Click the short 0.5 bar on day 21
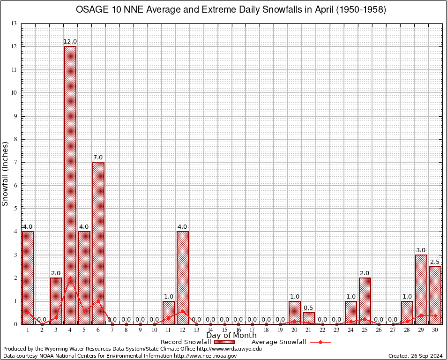pyautogui.click(x=309, y=318)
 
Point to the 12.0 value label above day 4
pyautogui.click(x=70, y=42)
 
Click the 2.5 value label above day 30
pyautogui.click(x=435, y=262)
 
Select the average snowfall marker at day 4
pyautogui.click(x=70, y=277)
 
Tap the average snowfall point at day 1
pyautogui.click(x=28, y=313)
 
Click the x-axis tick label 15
pyautogui.click(x=224, y=330)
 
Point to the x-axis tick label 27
pyautogui.click(x=393, y=330)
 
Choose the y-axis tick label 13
pyautogui.click(x=14, y=23)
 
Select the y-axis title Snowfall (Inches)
pyautogui.click(x=6, y=173)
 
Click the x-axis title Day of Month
pyautogui.click(x=231, y=336)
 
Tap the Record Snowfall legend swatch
pyautogui.click(x=224, y=342)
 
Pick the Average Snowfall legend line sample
pyautogui.click(x=320, y=342)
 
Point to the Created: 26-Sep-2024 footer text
pyautogui.click(x=416, y=356)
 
